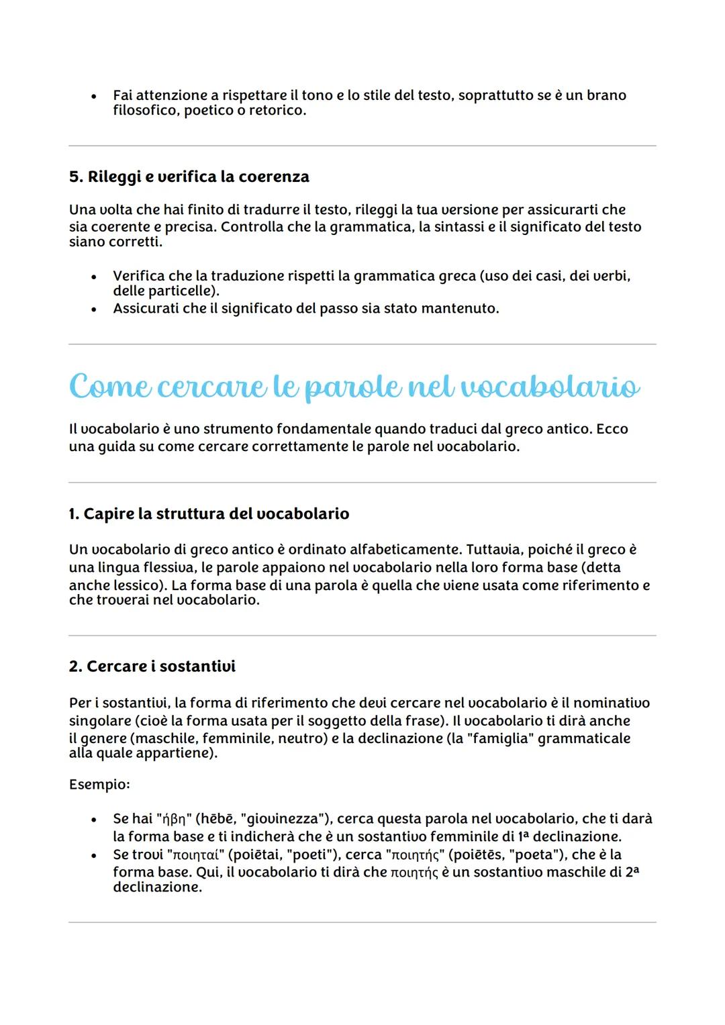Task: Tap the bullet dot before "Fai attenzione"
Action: (94, 96)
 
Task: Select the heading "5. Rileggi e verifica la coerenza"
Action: (189, 177)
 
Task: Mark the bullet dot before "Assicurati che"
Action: (94, 309)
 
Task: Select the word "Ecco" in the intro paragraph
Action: (612, 429)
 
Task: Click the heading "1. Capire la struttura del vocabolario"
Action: (209, 514)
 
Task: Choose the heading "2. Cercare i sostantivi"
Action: (152, 666)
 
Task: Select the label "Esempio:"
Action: (99, 784)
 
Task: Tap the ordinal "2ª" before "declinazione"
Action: (631, 872)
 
